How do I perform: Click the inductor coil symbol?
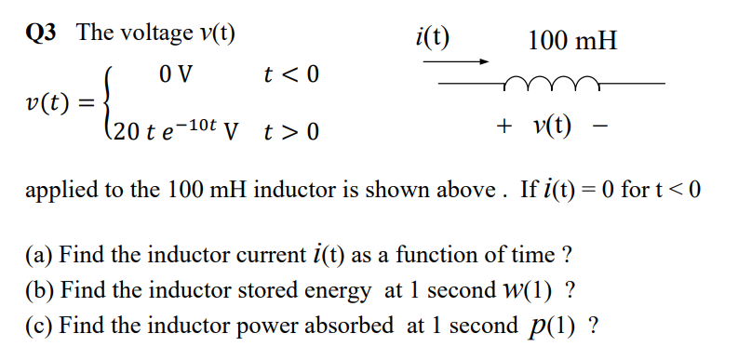click(x=547, y=83)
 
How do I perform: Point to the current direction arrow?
click(x=456, y=62)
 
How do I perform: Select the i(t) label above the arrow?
click(x=432, y=38)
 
